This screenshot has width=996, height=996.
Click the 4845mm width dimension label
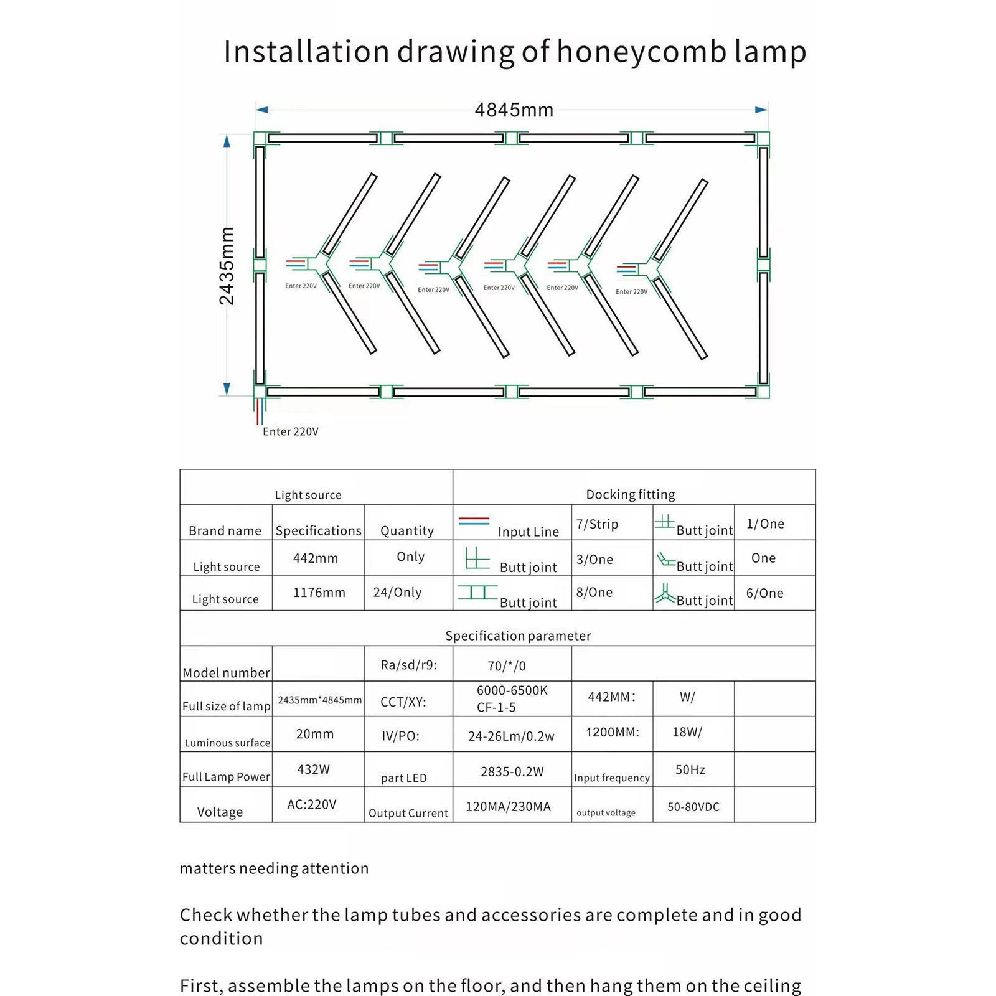[514, 111]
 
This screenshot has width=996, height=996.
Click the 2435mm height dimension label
[227, 266]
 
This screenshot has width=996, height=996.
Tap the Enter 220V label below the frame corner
[290, 431]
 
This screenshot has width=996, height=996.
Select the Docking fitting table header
[630, 494]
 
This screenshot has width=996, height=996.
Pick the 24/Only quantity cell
[397, 592]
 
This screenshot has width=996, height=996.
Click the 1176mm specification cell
[319, 592]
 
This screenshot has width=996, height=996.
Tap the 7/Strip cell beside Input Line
[597, 524]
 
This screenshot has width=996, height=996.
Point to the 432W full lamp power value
[313, 769]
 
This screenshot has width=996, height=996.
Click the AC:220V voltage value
[311, 804]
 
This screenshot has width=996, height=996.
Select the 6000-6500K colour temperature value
[512, 690]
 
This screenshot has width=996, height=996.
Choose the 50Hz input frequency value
[690, 770]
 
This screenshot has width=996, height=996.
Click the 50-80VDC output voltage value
[693, 807]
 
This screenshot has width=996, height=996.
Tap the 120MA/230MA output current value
[508, 807]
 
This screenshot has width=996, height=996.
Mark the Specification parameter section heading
[518, 636]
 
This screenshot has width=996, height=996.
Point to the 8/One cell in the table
[594, 592]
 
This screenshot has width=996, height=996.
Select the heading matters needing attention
[274, 868]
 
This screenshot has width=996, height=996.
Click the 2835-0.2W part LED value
[512, 772]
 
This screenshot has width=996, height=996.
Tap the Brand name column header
[225, 530]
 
